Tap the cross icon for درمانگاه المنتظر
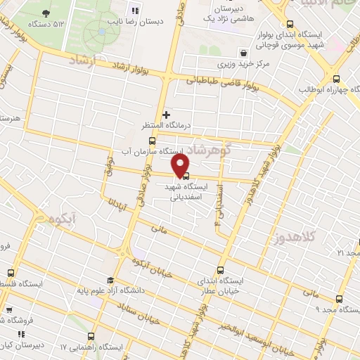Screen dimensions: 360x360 point(166,115)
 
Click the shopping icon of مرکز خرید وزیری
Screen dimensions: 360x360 point(243,53)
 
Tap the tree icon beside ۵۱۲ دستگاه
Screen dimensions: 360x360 point(46,13)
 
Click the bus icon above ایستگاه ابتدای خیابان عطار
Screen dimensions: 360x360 point(221,270)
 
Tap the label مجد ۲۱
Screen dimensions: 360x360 point(349,252)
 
